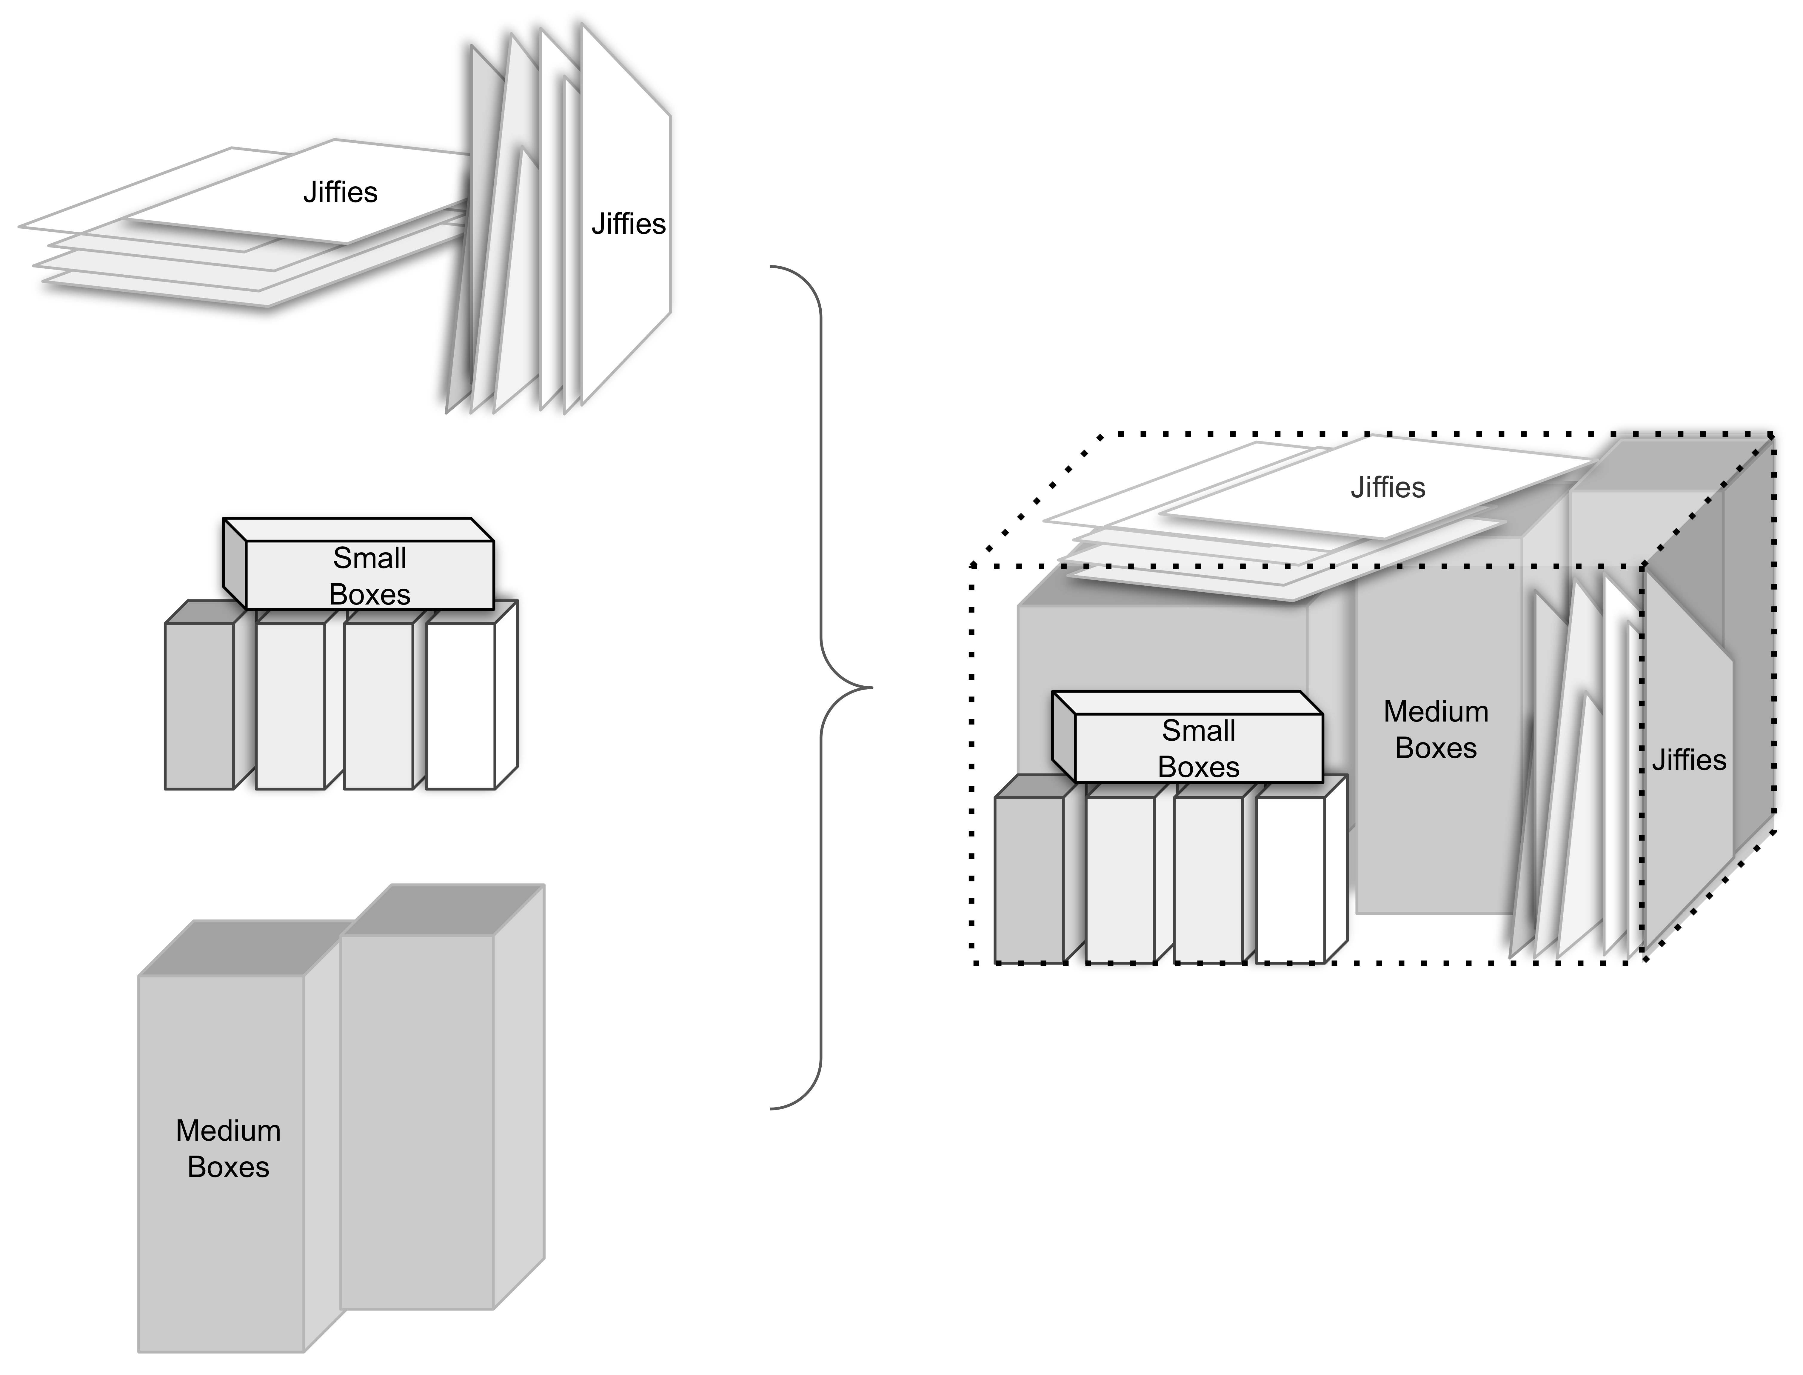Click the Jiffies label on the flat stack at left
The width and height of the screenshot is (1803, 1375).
click(340, 192)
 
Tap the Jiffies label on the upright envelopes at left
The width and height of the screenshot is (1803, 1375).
click(628, 224)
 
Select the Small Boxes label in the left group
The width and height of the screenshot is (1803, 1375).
click(370, 575)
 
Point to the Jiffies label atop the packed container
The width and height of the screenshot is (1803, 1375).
click(1388, 488)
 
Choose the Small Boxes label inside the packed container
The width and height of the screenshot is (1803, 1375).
click(1198, 748)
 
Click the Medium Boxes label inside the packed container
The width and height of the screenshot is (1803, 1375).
click(1436, 729)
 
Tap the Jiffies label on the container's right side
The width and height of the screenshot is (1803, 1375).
click(1688, 760)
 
